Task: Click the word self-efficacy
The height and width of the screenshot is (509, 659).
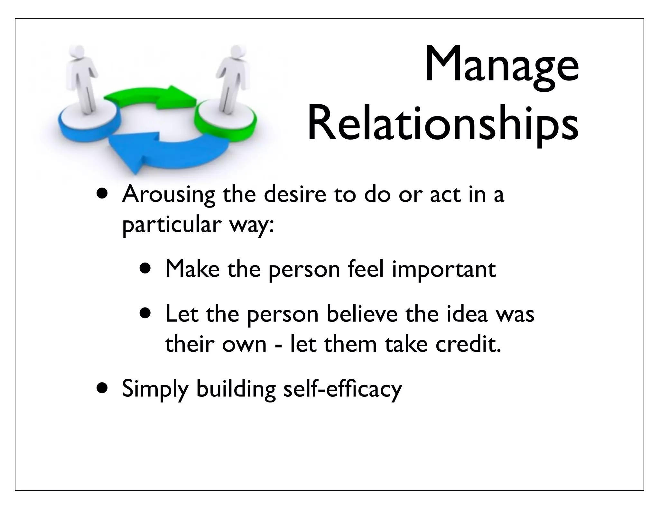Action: pyautogui.click(x=342, y=389)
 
